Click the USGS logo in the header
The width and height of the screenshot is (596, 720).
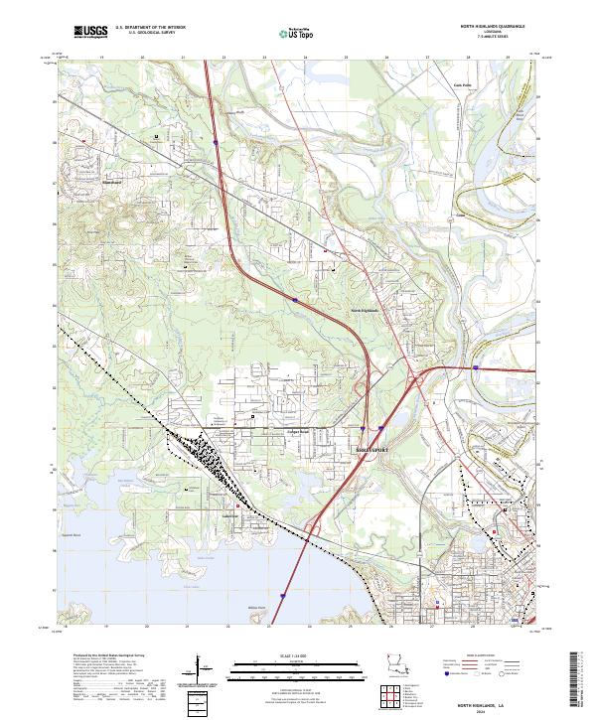click(90, 32)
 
